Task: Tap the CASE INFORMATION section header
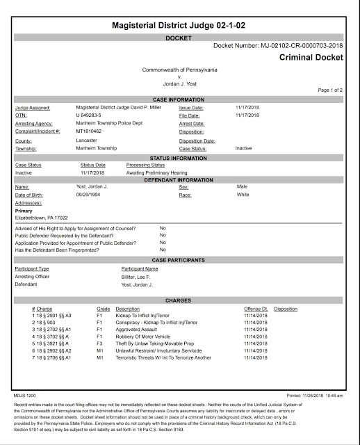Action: pos(179,99)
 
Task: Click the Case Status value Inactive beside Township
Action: pos(243,149)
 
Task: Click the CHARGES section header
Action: pos(179,300)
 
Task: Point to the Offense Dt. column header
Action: pos(256,308)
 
